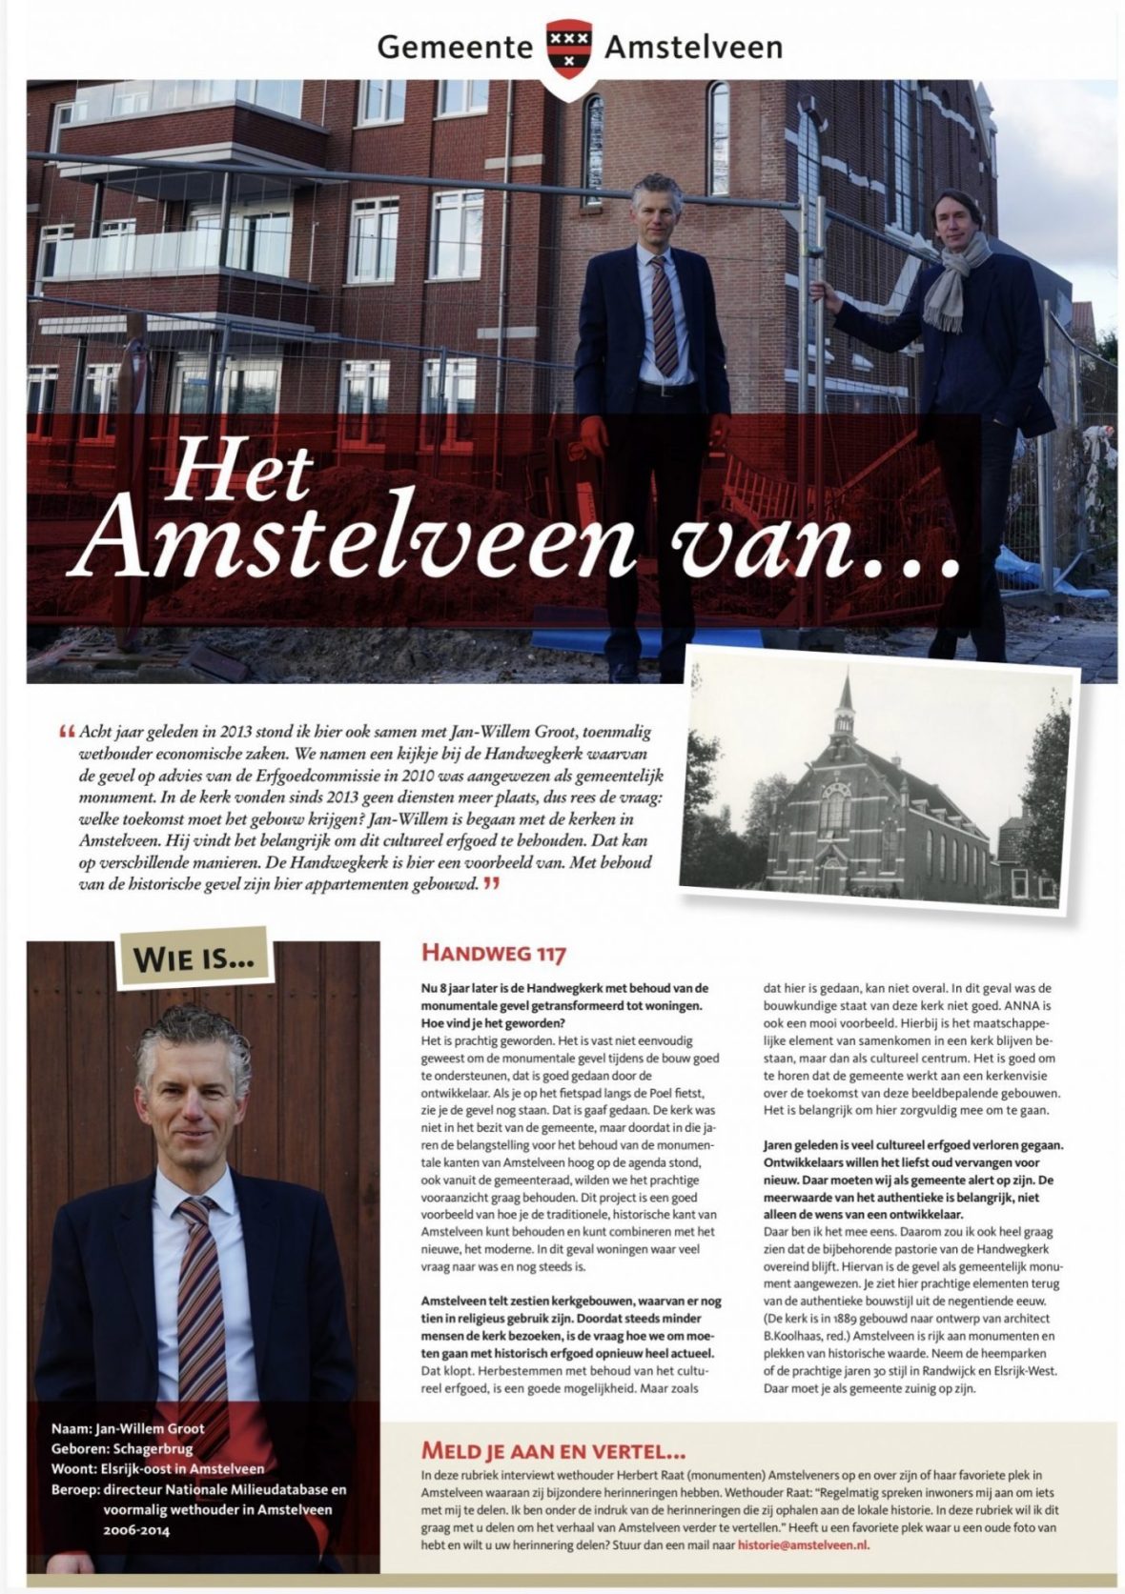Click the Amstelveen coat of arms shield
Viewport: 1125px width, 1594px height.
pos(568,53)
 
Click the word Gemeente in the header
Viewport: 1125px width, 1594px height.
pos(455,46)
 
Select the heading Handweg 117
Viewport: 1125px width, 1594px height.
pos(493,953)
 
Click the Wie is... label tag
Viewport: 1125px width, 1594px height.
pos(195,957)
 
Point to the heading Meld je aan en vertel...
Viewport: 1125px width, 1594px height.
pos(553,1451)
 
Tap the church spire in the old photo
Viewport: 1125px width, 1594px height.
pos(845,706)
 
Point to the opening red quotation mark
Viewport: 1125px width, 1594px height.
pos(67,733)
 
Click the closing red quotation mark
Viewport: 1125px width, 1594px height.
pos(491,884)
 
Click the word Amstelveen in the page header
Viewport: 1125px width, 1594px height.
pos(693,46)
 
